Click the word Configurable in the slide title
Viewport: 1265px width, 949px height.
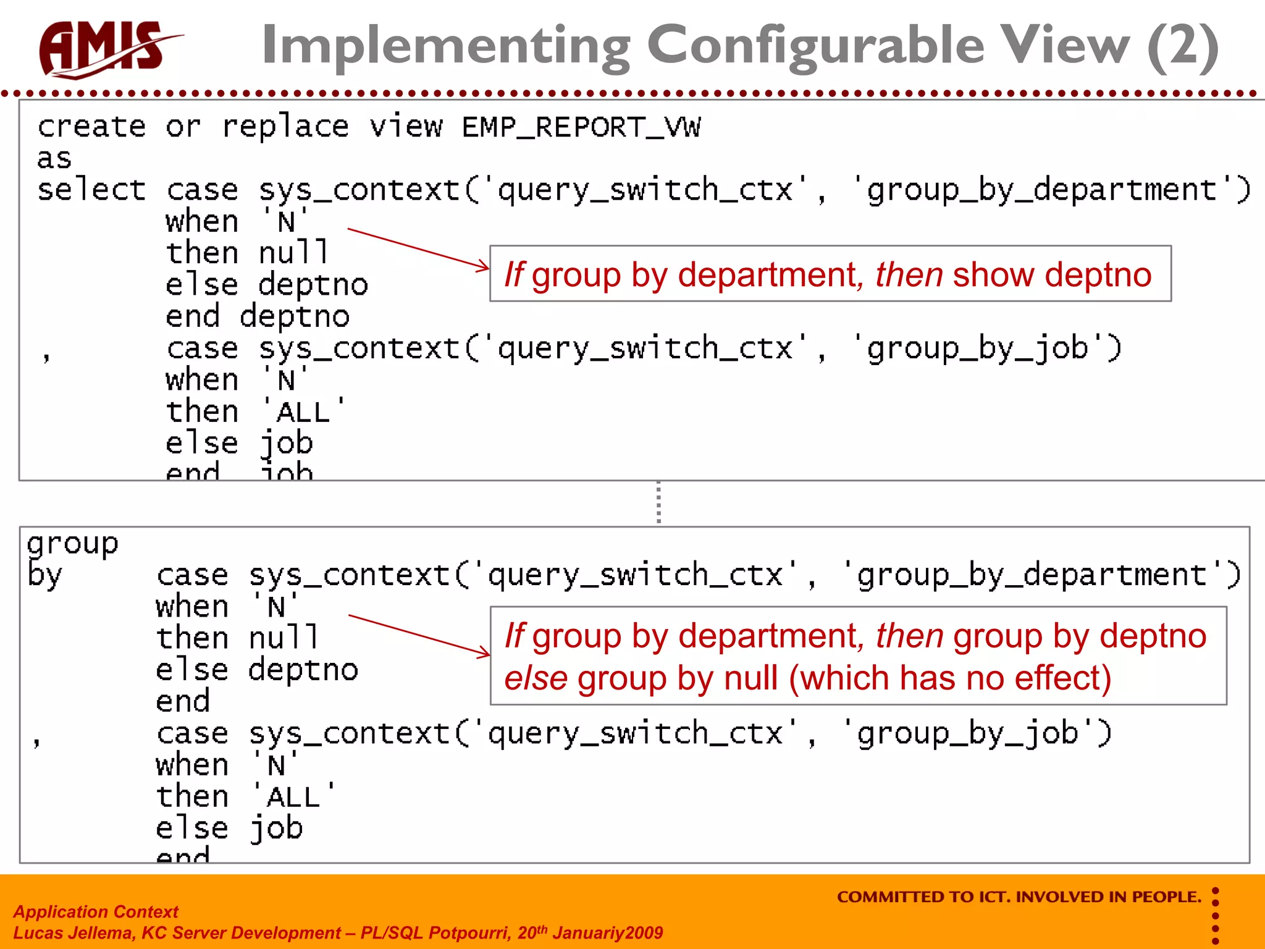[815, 46]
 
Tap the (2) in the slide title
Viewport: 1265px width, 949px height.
[1182, 46]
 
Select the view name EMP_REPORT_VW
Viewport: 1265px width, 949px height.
[581, 127]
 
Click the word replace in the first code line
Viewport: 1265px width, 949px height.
[285, 127]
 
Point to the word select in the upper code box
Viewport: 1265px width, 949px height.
[91, 190]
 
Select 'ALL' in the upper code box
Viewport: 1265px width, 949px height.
[303, 412]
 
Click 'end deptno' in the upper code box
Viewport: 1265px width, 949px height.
[257, 317]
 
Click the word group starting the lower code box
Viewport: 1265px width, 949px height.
[73, 544]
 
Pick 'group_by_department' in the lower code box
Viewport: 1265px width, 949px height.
[1032, 575]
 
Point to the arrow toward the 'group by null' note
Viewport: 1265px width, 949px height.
[419, 635]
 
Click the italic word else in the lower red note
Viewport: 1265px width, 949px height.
[536, 678]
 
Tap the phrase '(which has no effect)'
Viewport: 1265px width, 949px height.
[949, 678]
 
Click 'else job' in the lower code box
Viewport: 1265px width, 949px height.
[229, 828]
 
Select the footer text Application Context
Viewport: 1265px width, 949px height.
[96, 911]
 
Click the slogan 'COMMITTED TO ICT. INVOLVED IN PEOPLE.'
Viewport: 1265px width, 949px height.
[1019, 896]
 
